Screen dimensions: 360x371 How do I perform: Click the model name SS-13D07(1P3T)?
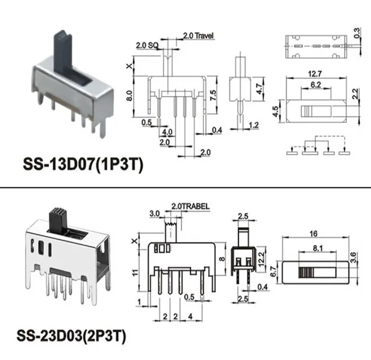tap(84, 165)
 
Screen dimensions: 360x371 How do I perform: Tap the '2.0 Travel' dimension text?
tap(200, 35)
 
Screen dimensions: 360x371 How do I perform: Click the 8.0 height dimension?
tap(130, 96)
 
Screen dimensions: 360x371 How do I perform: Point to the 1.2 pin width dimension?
tap(254, 125)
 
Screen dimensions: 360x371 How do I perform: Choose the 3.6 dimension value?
tap(353, 258)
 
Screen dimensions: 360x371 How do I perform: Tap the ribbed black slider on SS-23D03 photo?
tap(57, 220)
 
